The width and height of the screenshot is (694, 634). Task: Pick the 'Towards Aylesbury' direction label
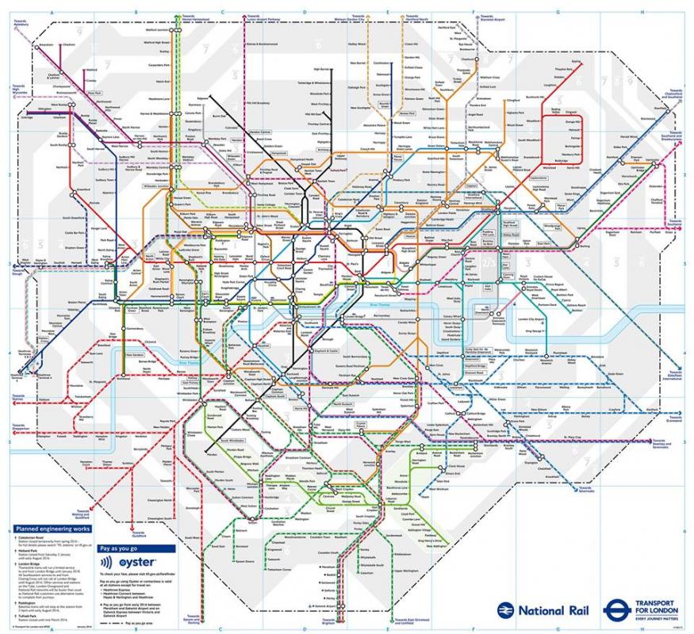(x=21, y=24)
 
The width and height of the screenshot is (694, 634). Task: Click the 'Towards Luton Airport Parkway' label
(x=264, y=18)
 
